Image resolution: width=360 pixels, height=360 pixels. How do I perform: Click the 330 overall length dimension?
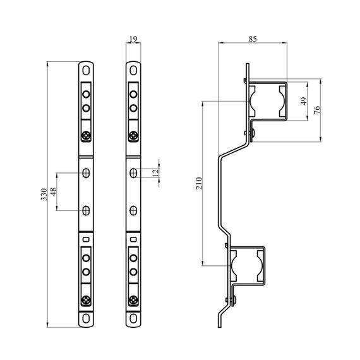[x=44, y=195]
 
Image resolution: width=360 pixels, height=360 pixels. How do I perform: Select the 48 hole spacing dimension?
[x=53, y=191]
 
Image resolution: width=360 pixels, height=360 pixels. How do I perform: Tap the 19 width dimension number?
[x=133, y=39]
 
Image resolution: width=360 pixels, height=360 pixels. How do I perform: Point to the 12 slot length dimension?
[x=155, y=172]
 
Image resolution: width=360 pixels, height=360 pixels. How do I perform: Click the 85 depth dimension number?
[x=253, y=39]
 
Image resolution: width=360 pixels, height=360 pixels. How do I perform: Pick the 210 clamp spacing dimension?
[x=199, y=183]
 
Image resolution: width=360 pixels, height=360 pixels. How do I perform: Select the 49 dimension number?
[x=304, y=101]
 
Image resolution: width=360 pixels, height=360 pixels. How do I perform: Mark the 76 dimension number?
[x=316, y=111]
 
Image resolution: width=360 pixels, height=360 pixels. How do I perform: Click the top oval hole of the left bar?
[x=86, y=70]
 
